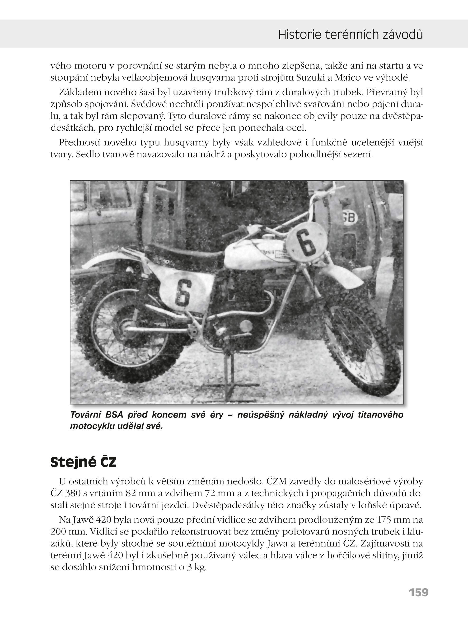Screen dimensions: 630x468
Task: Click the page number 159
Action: [418, 592]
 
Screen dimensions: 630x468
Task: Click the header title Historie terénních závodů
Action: [351, 35]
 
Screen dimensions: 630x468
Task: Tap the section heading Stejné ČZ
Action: [83, 462]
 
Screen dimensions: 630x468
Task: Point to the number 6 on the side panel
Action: [183, 294]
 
